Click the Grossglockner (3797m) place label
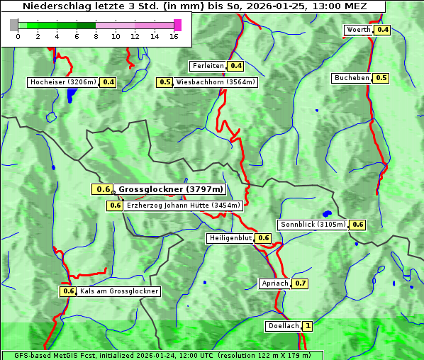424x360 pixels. coord(170,189)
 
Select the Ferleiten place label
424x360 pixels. coord(208,66)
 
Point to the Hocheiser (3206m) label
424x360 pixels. coord(62,82)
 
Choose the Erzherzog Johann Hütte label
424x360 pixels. coord(184,206)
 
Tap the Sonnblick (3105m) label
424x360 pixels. coord(313,225)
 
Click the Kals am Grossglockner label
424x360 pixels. coord(118,291)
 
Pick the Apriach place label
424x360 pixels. coord(275,283)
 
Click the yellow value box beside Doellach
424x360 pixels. coord(308,327)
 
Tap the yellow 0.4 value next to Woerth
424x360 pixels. coord(383,30)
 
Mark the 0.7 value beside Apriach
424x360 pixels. coord(300,283)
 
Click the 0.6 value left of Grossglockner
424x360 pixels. coord(104,189)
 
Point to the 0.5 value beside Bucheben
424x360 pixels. coord(381,78)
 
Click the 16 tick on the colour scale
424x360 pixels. coord(174,36)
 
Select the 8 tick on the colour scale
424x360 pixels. coord(96,36)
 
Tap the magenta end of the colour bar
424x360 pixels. coord(177,25)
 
